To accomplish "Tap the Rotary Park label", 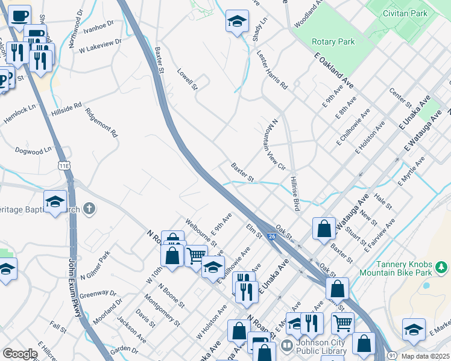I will (333, 42).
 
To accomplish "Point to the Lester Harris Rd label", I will (272, 70).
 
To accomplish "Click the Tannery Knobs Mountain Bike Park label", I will (410, 268).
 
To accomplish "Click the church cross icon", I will (89, 209).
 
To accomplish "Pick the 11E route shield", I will (64, 164).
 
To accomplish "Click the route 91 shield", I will (392, 356).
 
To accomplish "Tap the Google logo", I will (19, 354).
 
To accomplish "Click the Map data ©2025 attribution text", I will (426, 356).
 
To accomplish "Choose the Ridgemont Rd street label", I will (101, 122).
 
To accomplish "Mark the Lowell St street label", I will (188, 79).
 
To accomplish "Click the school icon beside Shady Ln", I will (238, 21).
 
